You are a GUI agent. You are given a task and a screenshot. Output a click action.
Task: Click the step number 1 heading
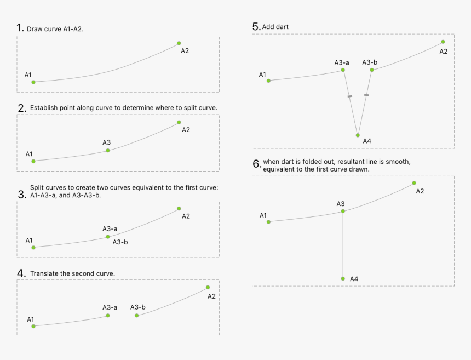pyautogui.click(x=20, y=28)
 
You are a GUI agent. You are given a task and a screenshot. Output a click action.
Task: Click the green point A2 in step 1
pyautogui.click(x=179, y=43)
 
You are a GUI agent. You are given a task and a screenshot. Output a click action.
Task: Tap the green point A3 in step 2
pyautogui.click(x=108, y=150)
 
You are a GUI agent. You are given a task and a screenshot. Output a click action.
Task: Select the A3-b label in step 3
pyautogui.click(x=120, y=242)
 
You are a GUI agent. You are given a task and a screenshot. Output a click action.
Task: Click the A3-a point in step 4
pyautogui.click(x=108, y=316)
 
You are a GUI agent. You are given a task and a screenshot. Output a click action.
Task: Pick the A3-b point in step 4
pyautogui.click(x=136, y=316)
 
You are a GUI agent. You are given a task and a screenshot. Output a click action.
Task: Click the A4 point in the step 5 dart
pyautogui.click(x=358, y=135)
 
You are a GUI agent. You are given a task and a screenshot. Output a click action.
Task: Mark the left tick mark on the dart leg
pyautogui.click(x=350, y=96)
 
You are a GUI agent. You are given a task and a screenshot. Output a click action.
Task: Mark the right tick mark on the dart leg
pyautogui.click(x=366, y=95)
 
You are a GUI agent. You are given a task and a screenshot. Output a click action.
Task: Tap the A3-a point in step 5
pyautogui.click(x=343, y=70)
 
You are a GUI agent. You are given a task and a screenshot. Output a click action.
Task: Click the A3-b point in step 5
pyautogui.click(x=372, y=70)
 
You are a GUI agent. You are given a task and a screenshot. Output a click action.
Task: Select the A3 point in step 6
pyautogui.click(x=343, y=211)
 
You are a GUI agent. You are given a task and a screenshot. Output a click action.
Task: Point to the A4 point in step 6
pyautogui.click(x=343, y=279)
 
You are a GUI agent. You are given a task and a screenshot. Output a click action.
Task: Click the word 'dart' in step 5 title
pyautogui.click(x=283, y=27)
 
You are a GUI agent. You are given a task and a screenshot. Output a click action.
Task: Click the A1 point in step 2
pyautogui.click(x=33, y=161)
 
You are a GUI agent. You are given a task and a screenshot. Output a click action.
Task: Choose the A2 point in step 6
pyautogui.click(x=414, y=183)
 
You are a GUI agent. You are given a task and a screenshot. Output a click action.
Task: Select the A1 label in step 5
pyautogui.click(x=262, y=75)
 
